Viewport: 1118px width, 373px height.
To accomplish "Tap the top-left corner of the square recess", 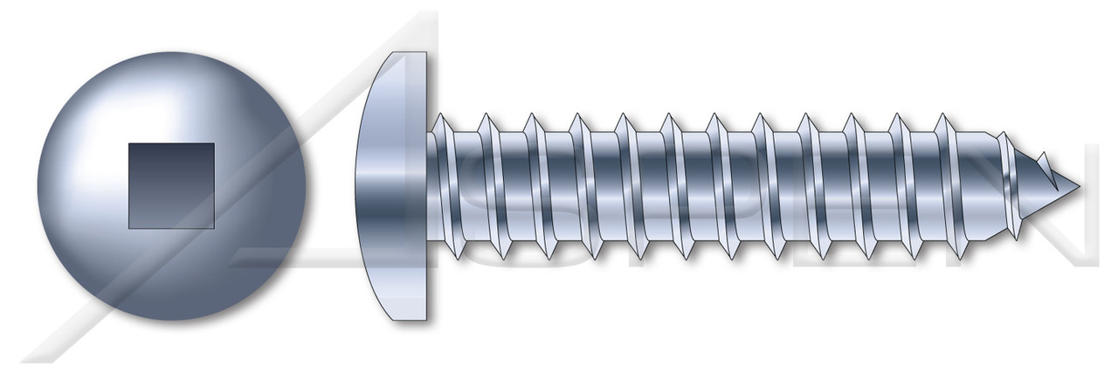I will (129, 144).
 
